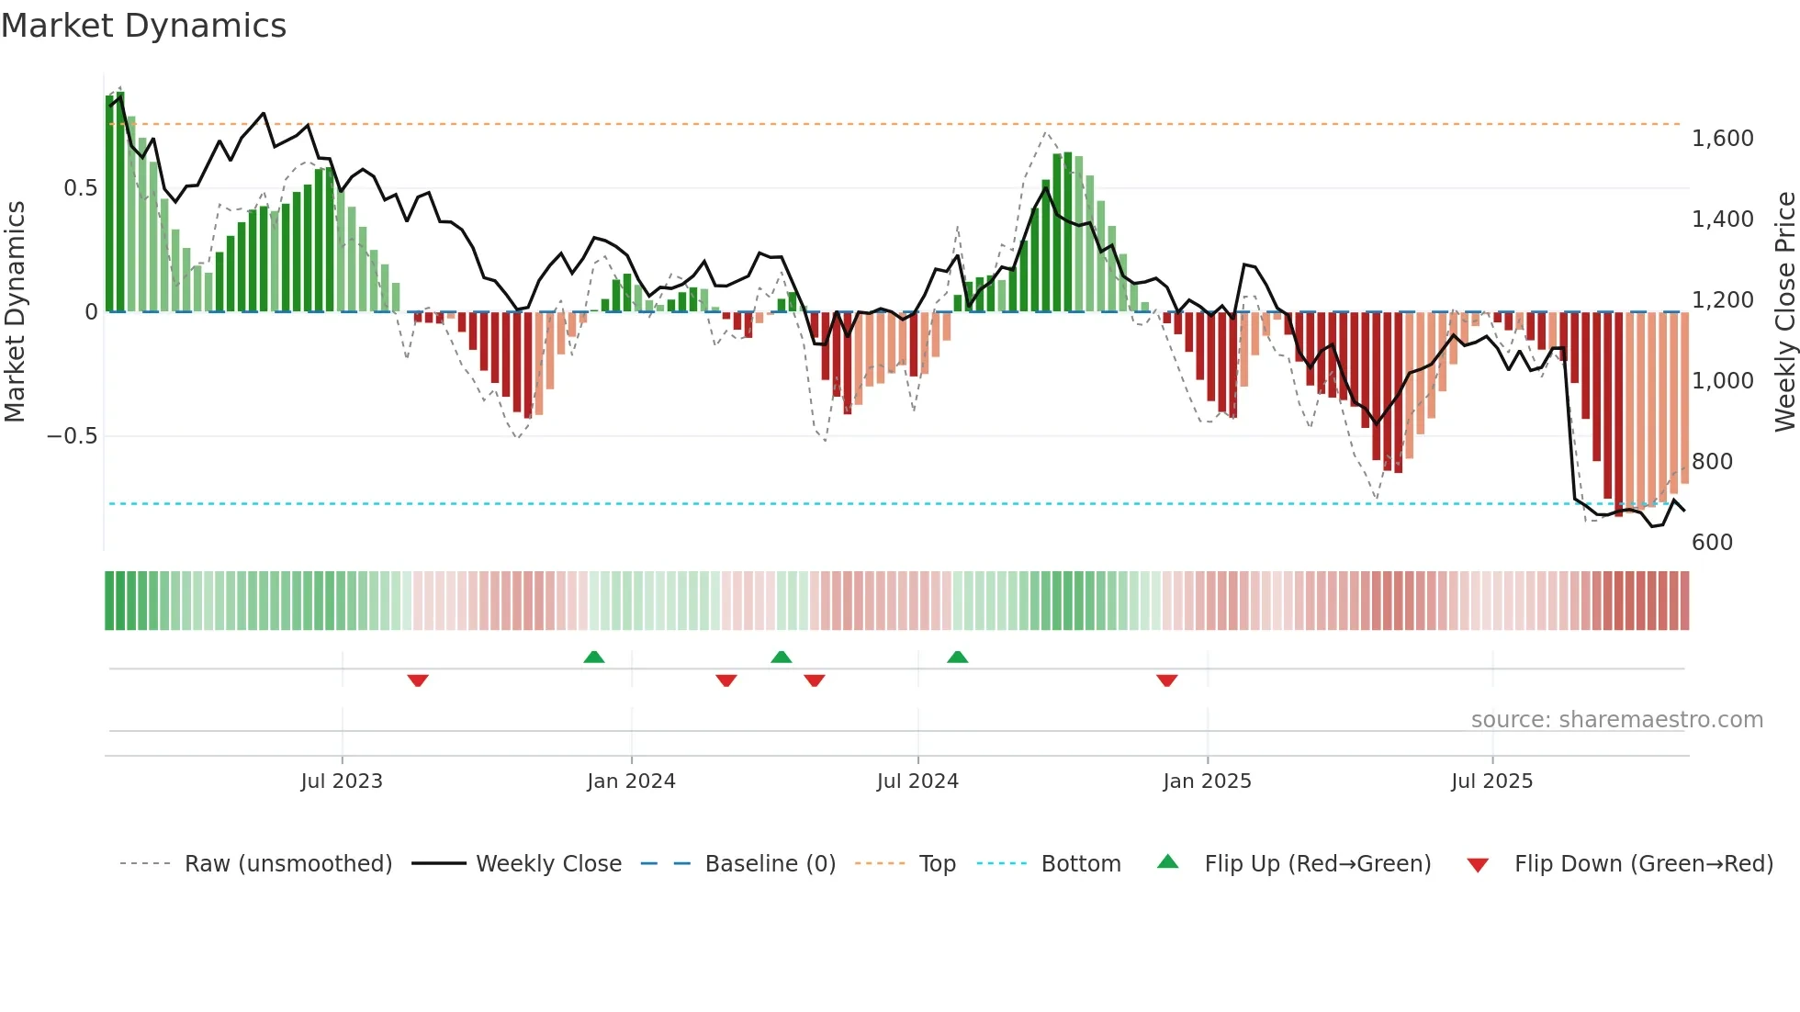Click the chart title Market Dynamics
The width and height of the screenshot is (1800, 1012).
coord(143,26)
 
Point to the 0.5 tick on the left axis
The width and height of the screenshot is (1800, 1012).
coord(80,188)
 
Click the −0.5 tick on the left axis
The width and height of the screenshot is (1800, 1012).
coord(73,436)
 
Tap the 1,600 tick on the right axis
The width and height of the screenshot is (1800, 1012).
coord(1723,139)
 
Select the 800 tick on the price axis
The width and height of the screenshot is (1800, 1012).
coord(1712,462)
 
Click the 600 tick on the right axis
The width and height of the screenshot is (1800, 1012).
coord(1712,543)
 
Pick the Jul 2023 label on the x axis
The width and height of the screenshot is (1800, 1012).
coord(342,781)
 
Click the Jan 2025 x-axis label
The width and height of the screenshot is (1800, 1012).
coord(1207,781)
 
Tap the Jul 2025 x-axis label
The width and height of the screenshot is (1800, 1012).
coord(1491,781)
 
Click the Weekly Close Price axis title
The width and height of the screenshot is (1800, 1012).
coord(1784,312)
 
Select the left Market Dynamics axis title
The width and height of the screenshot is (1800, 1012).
coord(15,312)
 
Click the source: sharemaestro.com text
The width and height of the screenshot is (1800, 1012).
coord(1616,720)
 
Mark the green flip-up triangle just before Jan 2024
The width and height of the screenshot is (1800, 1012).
coord(594,658)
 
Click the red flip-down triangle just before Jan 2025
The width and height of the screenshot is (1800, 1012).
coord(1167,680)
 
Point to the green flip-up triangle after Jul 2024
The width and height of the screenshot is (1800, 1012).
coord(958,658)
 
